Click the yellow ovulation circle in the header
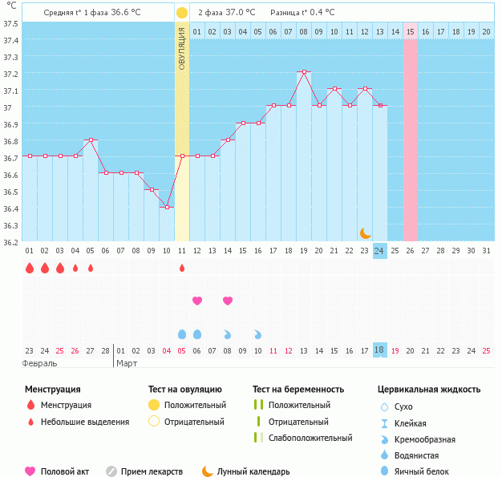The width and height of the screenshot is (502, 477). coord(182,13)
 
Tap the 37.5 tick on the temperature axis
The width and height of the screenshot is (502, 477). coord(10,23)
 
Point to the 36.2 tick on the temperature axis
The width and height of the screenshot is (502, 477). coord(10,241)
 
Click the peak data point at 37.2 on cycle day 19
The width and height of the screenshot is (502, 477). coord(304,71)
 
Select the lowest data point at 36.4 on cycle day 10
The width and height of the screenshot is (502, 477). coord(167,207)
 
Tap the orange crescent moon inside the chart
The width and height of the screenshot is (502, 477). coord(365,232)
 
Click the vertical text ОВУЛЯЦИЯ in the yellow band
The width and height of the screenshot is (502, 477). coord(182,48)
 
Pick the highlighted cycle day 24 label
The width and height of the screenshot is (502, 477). coord(380,251)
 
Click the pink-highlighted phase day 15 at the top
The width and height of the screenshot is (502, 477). coord(411,31)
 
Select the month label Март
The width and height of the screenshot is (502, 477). coord(127,363)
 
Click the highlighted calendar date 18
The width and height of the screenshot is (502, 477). coord(380,350)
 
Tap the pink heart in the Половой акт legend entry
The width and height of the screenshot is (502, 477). coord(30,471)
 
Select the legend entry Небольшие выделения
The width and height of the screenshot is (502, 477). coord(84,422)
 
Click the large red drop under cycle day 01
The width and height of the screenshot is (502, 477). coord(30,268)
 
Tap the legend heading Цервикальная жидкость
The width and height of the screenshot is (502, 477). coord(429,390)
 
